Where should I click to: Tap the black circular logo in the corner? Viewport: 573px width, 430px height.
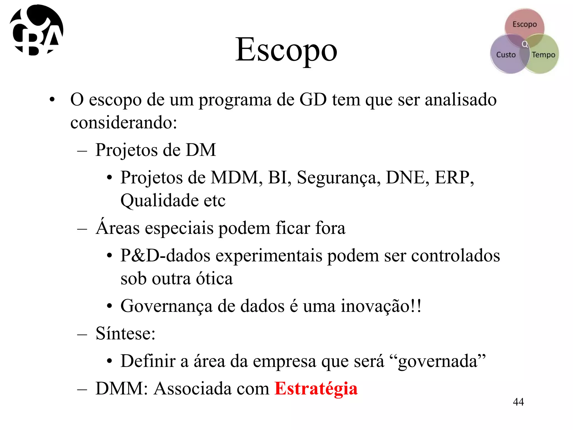pyautogui.click(x=36, y=30)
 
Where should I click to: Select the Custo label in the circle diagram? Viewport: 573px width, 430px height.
pyautogui.click(x=506, y=55)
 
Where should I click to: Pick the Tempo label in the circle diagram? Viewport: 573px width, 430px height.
pyautogui.click(x=543, y=55)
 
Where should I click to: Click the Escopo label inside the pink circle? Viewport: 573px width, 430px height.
pyautogui.click(x=525, y=24)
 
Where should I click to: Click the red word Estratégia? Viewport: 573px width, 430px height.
pyautogui.click(x=316, y=389)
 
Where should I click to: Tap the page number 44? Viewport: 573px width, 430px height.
pyautogui.click(x=518, y=402)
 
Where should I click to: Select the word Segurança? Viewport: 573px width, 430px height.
pyautogui.click(x=339, y=178)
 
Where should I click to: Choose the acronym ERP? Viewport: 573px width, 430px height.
pyautogui.click(x=454, y=177)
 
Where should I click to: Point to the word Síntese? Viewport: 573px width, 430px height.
pyautogui.click(x=125, y=333)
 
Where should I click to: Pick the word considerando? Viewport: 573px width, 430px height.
pyautogui.click(x=123, y=123)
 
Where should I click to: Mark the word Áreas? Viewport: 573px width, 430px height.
pyautogui.click(x=118, y=228)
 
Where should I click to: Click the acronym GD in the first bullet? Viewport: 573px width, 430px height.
pyautogui.click(x=313, y=99)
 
